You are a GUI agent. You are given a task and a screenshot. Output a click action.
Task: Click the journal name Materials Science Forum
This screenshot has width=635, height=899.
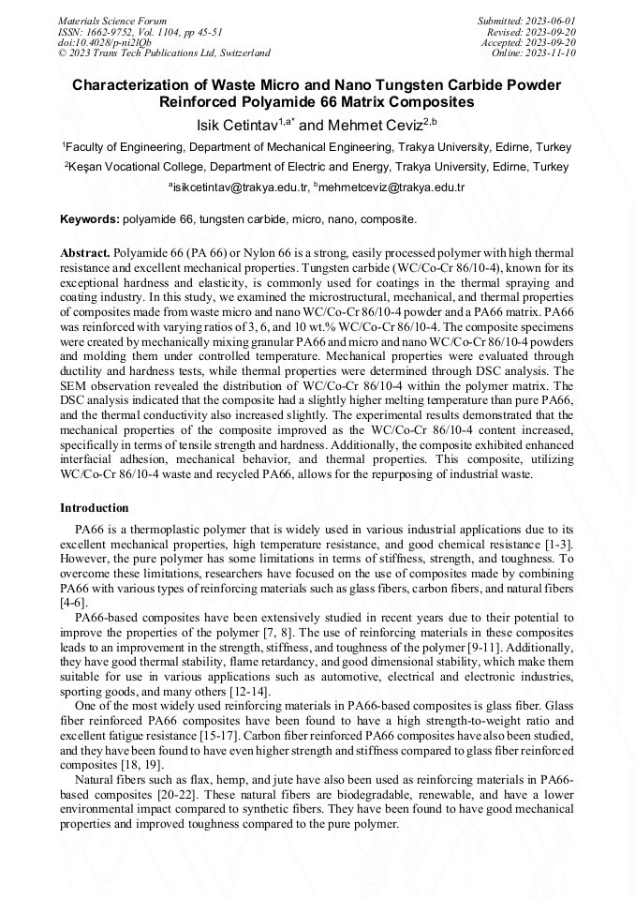click(112, 20)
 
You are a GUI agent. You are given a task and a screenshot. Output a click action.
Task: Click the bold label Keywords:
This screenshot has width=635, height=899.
click(90, 219)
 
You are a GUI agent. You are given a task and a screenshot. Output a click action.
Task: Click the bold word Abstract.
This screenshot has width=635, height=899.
click(85, 254)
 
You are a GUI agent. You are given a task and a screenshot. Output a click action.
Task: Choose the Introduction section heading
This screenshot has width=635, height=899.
click(94, 507)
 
